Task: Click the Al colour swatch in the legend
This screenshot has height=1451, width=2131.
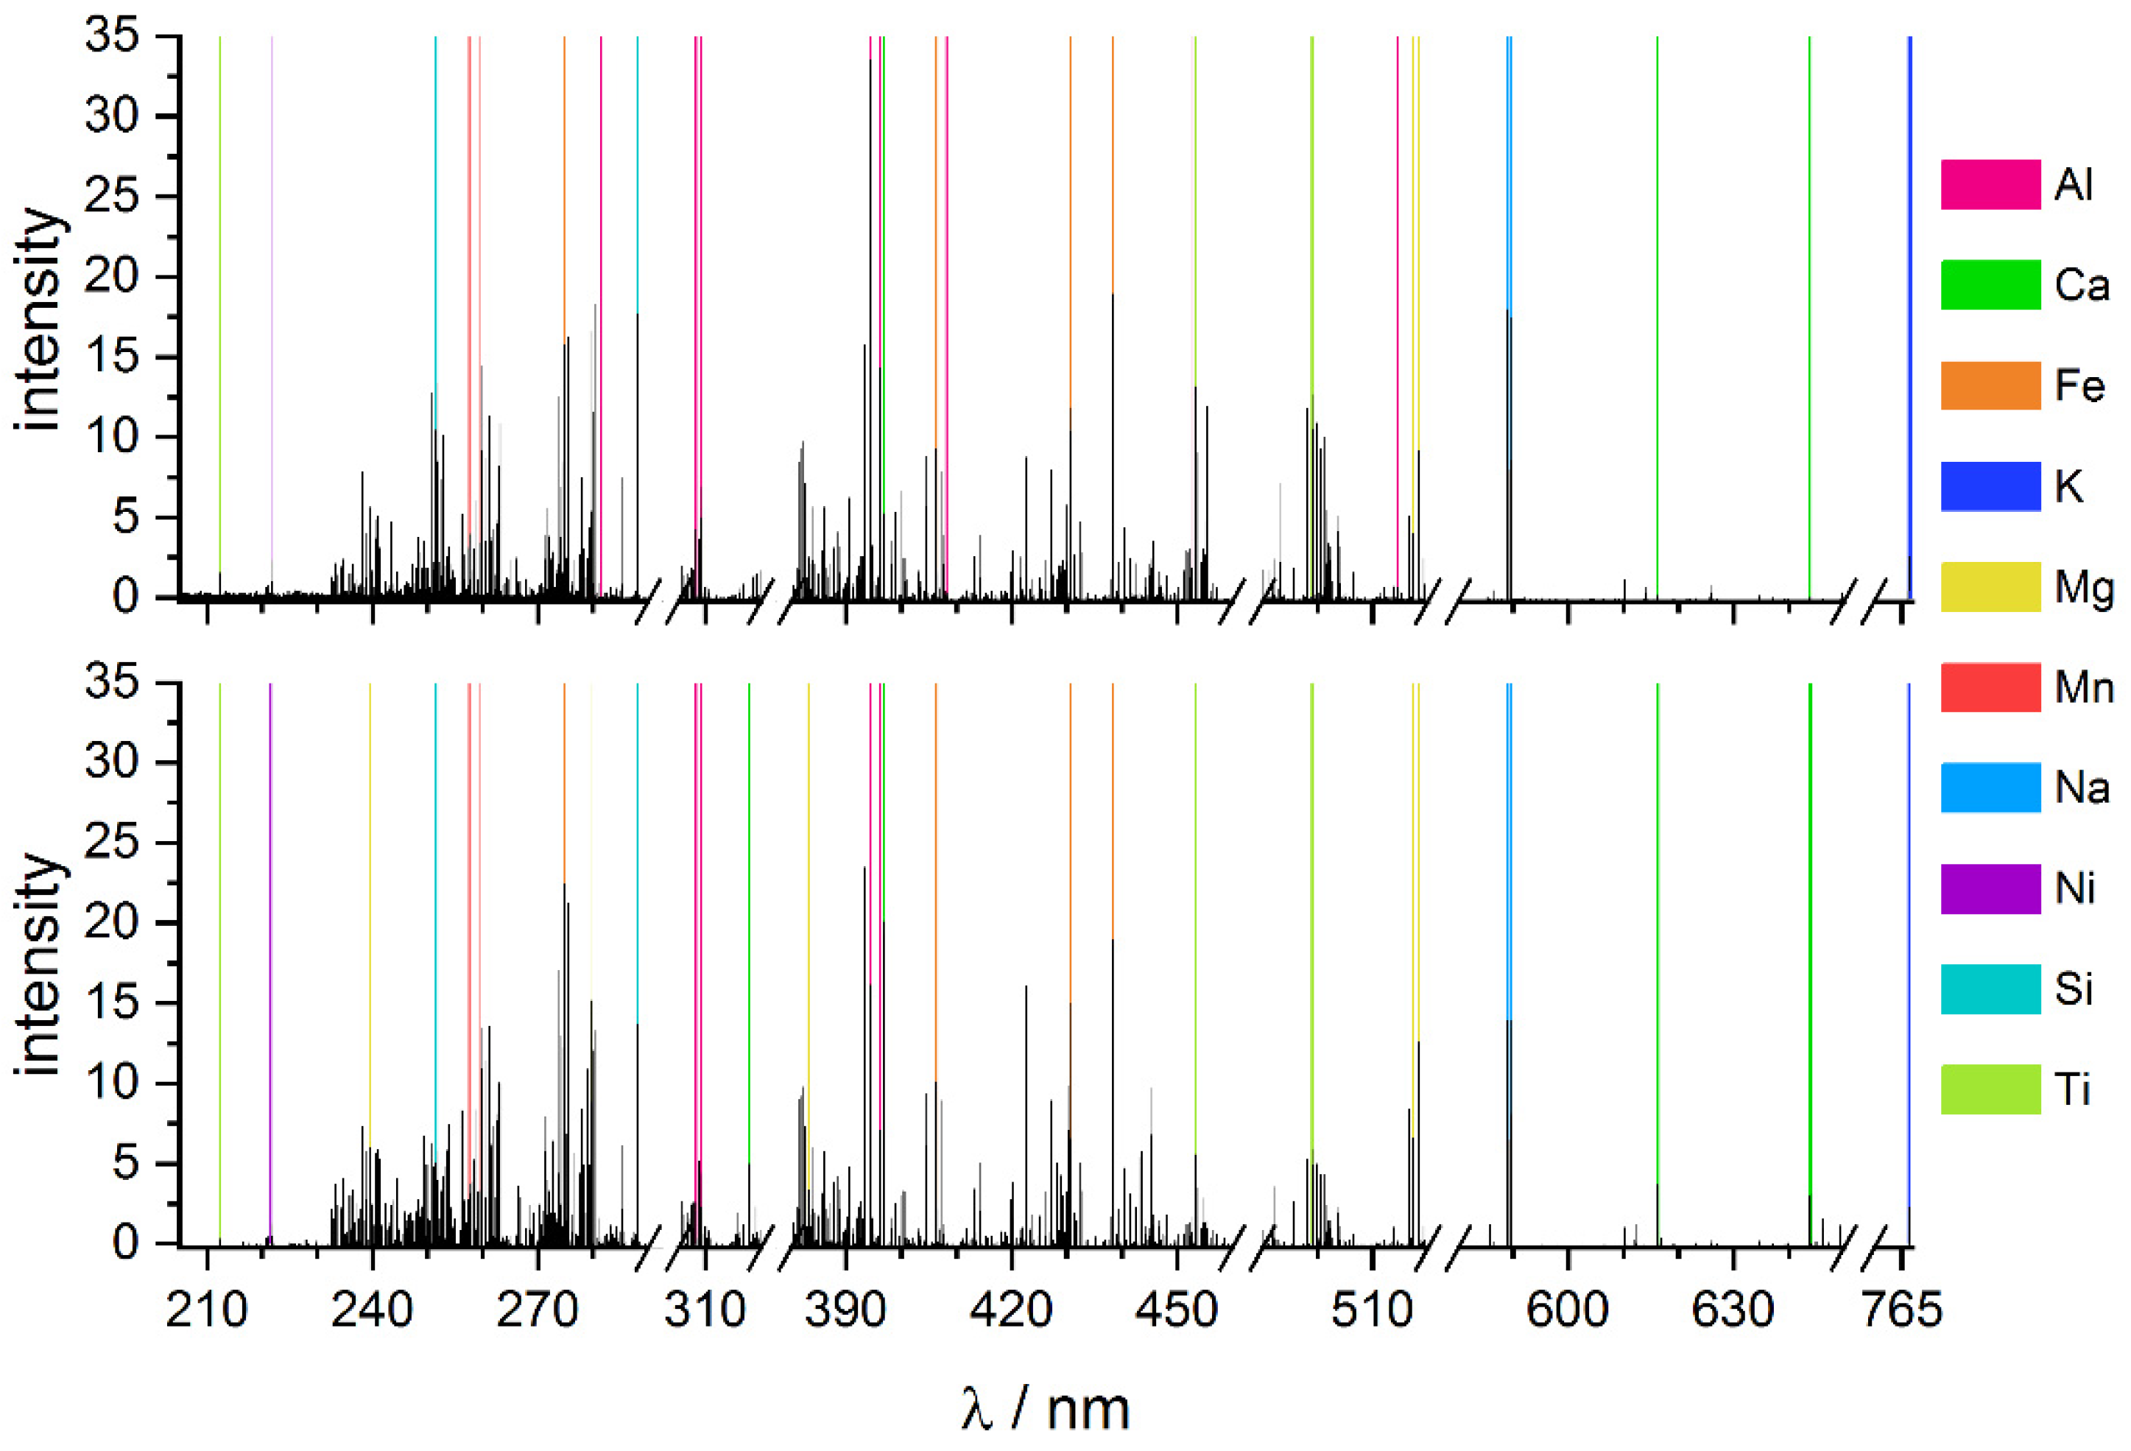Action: [x=1990, y=184]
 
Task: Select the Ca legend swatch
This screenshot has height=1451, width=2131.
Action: [x=1990, y=284]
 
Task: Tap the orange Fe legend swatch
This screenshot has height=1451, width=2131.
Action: [x=1990, y=385]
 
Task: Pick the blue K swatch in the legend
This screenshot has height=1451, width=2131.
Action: [x=1990, y=486]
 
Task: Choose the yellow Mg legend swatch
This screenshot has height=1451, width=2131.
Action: [x=1990, y=586]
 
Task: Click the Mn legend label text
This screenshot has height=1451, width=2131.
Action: [x=2084, y=687]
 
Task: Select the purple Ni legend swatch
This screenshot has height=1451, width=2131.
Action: [x=1990, y=888]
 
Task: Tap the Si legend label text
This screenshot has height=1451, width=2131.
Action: [x=2074, y=988]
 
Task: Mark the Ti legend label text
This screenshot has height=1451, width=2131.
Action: [x=2071, y=1089]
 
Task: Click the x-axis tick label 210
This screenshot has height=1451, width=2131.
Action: [x=206, y=1310]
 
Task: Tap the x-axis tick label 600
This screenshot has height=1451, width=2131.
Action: [x=1567, y=1310]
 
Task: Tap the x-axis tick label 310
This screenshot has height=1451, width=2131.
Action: [x=704, y=1310]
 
